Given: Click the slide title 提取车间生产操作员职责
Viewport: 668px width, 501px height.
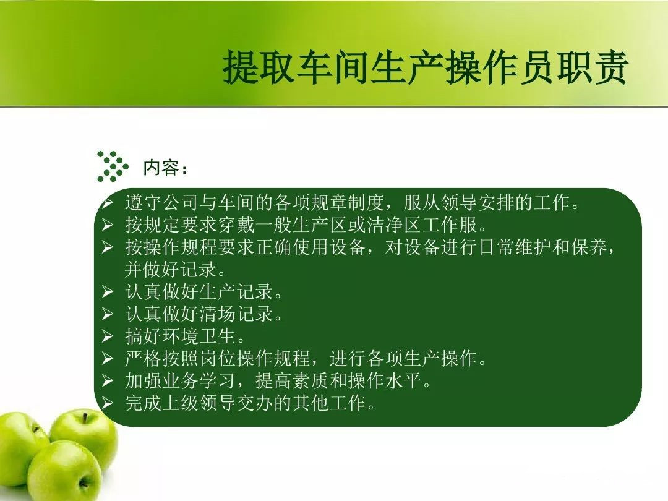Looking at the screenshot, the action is click(x=425, y=67).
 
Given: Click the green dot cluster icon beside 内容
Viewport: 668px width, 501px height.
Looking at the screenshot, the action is click(x=112, y=166).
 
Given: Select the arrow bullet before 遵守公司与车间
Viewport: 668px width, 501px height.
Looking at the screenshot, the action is click(x=107, y=202).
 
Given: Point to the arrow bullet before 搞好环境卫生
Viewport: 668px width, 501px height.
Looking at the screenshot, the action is click(x=107, y=336).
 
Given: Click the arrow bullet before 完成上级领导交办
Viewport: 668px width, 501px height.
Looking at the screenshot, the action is click(x=107, y=403).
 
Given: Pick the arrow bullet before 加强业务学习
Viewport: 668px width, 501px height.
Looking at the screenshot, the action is click(x=107, y=381).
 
